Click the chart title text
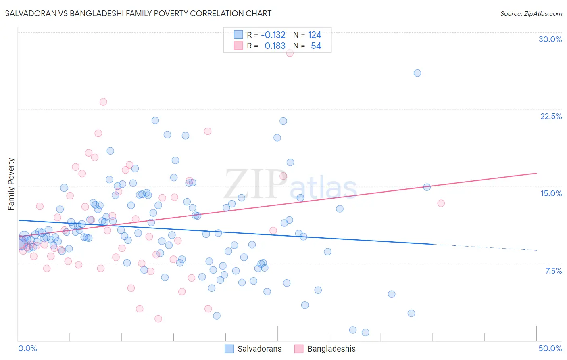138,13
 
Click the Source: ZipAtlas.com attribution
531,13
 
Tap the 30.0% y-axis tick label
550,39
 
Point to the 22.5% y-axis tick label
551,116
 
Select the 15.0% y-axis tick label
551,193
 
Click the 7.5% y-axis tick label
553,271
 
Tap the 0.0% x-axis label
27,348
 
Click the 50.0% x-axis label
550,348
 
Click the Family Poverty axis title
11,184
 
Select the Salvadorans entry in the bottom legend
259,349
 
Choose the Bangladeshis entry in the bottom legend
331,349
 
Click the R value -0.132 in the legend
273,35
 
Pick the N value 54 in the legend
316,46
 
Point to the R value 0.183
275,46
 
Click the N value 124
314,35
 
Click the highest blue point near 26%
417,73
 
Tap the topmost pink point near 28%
290,53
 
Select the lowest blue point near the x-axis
365,333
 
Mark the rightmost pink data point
441,203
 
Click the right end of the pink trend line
536,173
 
